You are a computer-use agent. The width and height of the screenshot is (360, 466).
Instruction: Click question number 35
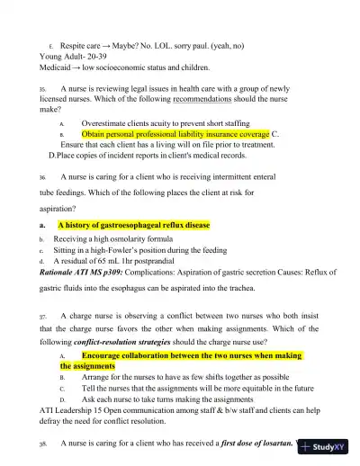point(42,90)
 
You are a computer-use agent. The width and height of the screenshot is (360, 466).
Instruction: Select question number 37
point(42,317)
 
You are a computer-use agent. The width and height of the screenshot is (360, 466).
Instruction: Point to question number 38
point(42,444)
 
